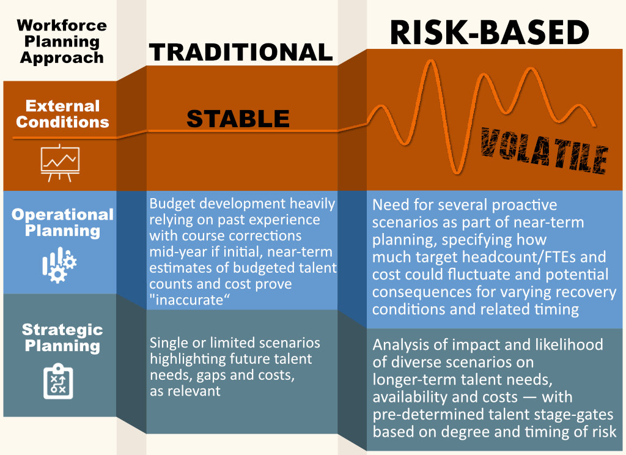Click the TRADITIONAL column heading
click(x=241, y=53)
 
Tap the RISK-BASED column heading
click(x=489, y=32)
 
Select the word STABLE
click(x=238, y=119)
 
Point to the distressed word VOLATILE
click(x=544, y=150)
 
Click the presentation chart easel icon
click(x=60, y=163)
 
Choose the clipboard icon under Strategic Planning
click(x=58, y=381)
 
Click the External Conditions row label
click(x=63, y=114)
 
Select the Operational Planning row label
click(x=63, y=223)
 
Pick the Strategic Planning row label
click(x=62, y=338)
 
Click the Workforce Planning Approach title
click(x=62, y=41)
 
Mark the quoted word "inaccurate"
click(x=190, y=300)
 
